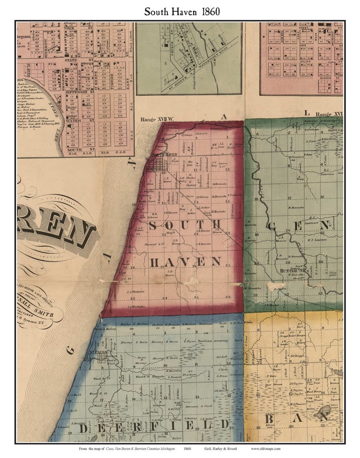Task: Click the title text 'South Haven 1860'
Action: tap(182, 11)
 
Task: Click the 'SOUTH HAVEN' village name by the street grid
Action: tap(164, 155)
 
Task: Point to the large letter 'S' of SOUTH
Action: tap(154, 226)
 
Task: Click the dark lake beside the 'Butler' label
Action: tap(324, 411)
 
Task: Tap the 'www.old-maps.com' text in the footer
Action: tap(266, 449)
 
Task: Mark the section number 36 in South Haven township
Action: tap(228, 297)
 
